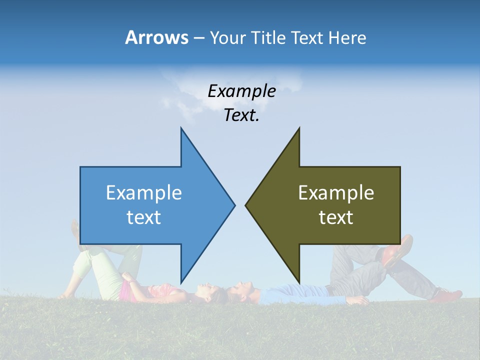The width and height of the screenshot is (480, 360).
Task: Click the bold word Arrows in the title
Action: (x=156, y=37)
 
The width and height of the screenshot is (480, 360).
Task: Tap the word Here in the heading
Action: (x=347, y=37)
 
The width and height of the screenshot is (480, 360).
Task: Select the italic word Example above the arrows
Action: (x=241, y=91)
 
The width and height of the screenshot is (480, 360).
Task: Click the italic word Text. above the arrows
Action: (x=241, y=115)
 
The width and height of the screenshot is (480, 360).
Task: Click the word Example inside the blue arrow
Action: (x=143, y=192)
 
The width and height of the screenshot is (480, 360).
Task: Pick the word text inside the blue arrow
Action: (x=143, y=217)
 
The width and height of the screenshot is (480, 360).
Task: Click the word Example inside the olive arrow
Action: (x=336, y=192)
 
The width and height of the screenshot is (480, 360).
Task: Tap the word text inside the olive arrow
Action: (x=336, y=217)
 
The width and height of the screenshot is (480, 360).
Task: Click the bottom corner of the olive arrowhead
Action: (x=299, y=282)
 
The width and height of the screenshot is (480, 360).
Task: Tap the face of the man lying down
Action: (x=241, y=289)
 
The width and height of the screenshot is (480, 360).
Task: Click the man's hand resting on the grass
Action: (x=359, y=300)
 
